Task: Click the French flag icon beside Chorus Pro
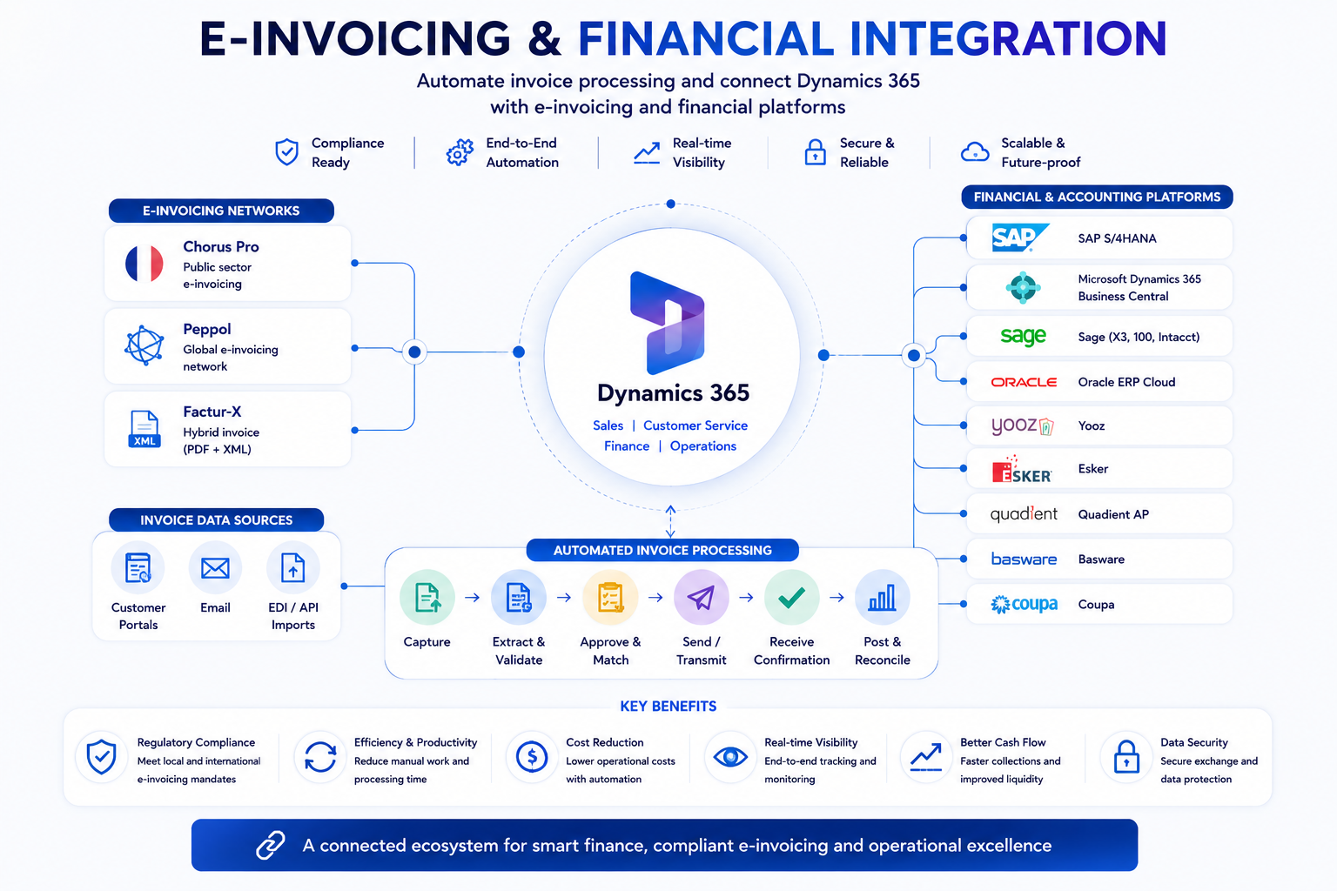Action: coord(144,263)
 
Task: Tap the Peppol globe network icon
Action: coord(144,345)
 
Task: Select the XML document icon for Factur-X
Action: coord(144,428)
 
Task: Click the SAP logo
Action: coord(1020,238)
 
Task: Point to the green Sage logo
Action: coord(1023,337)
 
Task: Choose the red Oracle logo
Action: coord(1024,382)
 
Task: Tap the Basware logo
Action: coord(1024,559)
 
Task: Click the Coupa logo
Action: coord(1024,604)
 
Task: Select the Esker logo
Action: coord(1021,469)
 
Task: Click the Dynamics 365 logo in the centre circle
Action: coord(668,323)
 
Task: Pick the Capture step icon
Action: coord(427,598)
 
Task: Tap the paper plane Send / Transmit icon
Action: coord(702,598)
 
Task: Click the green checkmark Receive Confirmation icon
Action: coord(791,598)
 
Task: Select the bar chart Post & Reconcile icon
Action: coord(882,598)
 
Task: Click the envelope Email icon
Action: coord(216,568)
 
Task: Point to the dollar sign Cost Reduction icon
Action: coord(532,757)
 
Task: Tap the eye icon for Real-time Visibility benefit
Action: coord(730,757)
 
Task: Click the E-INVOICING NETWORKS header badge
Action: coord(221,211)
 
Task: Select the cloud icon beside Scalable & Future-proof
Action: coord(975,151)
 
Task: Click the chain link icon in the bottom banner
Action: coord(271,845)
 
